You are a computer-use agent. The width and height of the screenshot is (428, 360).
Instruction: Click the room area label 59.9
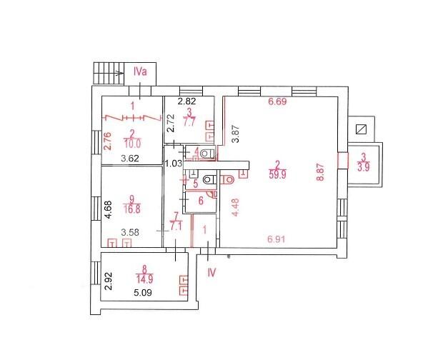coord(277,174)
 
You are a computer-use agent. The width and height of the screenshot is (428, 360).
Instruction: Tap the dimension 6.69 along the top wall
coord(277,101)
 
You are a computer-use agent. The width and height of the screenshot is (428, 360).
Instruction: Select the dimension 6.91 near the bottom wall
coord(277,239)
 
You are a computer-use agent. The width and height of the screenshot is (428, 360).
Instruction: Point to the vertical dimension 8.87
coord(320,172)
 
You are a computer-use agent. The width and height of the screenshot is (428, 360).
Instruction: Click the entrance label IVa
coord(140,71)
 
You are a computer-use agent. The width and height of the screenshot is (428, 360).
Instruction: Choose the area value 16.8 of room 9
coord(132,209)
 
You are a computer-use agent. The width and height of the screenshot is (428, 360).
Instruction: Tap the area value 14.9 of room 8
coord(144,279)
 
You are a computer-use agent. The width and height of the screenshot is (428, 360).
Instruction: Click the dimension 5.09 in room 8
coord(143,293)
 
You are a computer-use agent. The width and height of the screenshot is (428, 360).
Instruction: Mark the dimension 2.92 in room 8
coord(109,281)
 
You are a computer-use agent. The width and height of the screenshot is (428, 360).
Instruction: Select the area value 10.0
coord(132,144)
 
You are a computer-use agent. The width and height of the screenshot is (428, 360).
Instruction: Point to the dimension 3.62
coord(130,159)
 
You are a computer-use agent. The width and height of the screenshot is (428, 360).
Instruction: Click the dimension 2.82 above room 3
coord(186,101)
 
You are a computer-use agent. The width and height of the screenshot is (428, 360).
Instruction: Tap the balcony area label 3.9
coord(364,166)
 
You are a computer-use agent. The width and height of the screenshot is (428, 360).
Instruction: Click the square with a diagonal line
coord(362,129)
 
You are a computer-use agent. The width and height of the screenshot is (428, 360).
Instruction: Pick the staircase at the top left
coord(109,73)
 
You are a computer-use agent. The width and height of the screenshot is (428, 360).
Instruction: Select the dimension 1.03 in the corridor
coord(174,164)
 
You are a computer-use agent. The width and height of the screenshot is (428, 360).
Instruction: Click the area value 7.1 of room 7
coord(176,226)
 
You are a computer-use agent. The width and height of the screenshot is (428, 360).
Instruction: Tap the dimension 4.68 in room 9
coord(109,209)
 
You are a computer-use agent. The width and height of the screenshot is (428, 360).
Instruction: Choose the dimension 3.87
coord(235,134)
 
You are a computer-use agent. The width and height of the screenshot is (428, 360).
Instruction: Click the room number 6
coord(201,201)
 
